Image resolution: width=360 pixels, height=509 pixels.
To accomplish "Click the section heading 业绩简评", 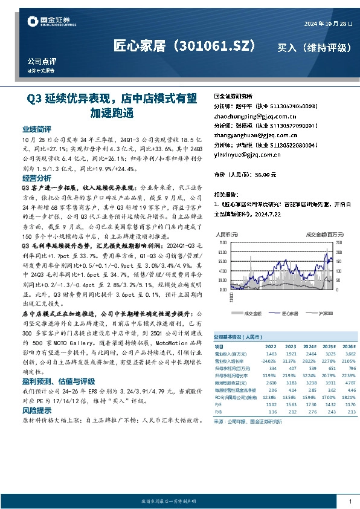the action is (x=37, y=129).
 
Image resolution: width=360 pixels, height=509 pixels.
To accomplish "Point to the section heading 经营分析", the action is (x=37, y=179).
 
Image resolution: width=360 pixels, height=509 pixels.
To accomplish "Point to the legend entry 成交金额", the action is (x=252, y=314).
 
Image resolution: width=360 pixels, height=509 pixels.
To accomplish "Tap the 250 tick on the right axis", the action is (x=338, y=242).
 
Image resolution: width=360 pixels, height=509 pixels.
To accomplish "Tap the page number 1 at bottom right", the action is (x=350, y=501).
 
